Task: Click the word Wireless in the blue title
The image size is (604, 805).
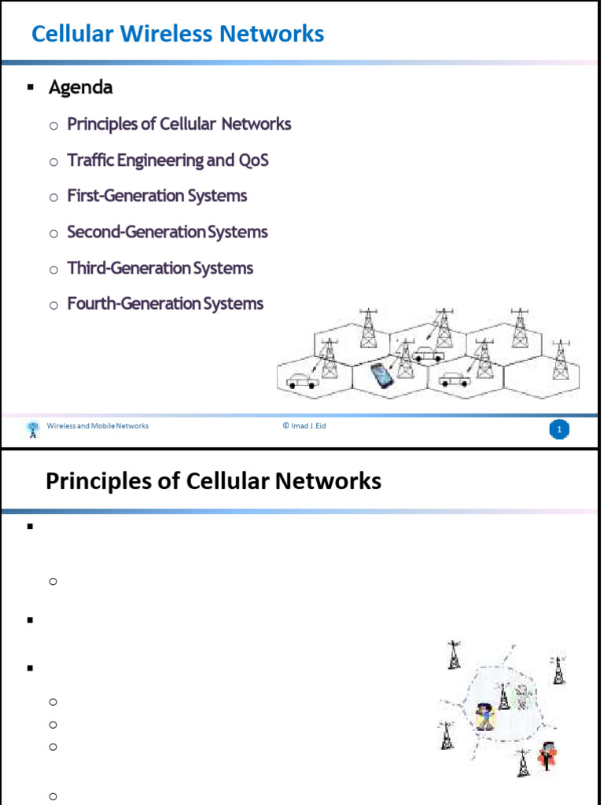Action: [167, 34]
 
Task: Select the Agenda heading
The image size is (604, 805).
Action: [81, 88]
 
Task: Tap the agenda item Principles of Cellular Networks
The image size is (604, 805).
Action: [179, 124]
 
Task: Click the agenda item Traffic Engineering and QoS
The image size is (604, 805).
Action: [168, 160]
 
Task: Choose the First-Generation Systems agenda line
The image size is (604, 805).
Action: [157, 196]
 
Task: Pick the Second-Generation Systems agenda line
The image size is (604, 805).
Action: [168, 232]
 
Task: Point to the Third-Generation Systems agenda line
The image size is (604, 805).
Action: [160, 268]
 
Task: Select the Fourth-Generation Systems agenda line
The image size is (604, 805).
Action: [165, 304]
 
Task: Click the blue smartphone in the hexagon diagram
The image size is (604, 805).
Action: [381, 376]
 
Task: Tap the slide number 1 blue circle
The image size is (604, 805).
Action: [559, 429]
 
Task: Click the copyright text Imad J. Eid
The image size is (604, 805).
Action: [304, 425]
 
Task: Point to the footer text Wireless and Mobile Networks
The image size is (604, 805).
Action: [98, 425]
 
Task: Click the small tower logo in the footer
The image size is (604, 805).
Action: [33, 429]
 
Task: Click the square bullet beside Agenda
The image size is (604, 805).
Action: [31, 88]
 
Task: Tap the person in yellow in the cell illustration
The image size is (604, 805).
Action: [484, 717]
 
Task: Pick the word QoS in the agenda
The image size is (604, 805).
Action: [254, 160]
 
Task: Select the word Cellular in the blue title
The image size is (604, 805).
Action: [72, 34]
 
